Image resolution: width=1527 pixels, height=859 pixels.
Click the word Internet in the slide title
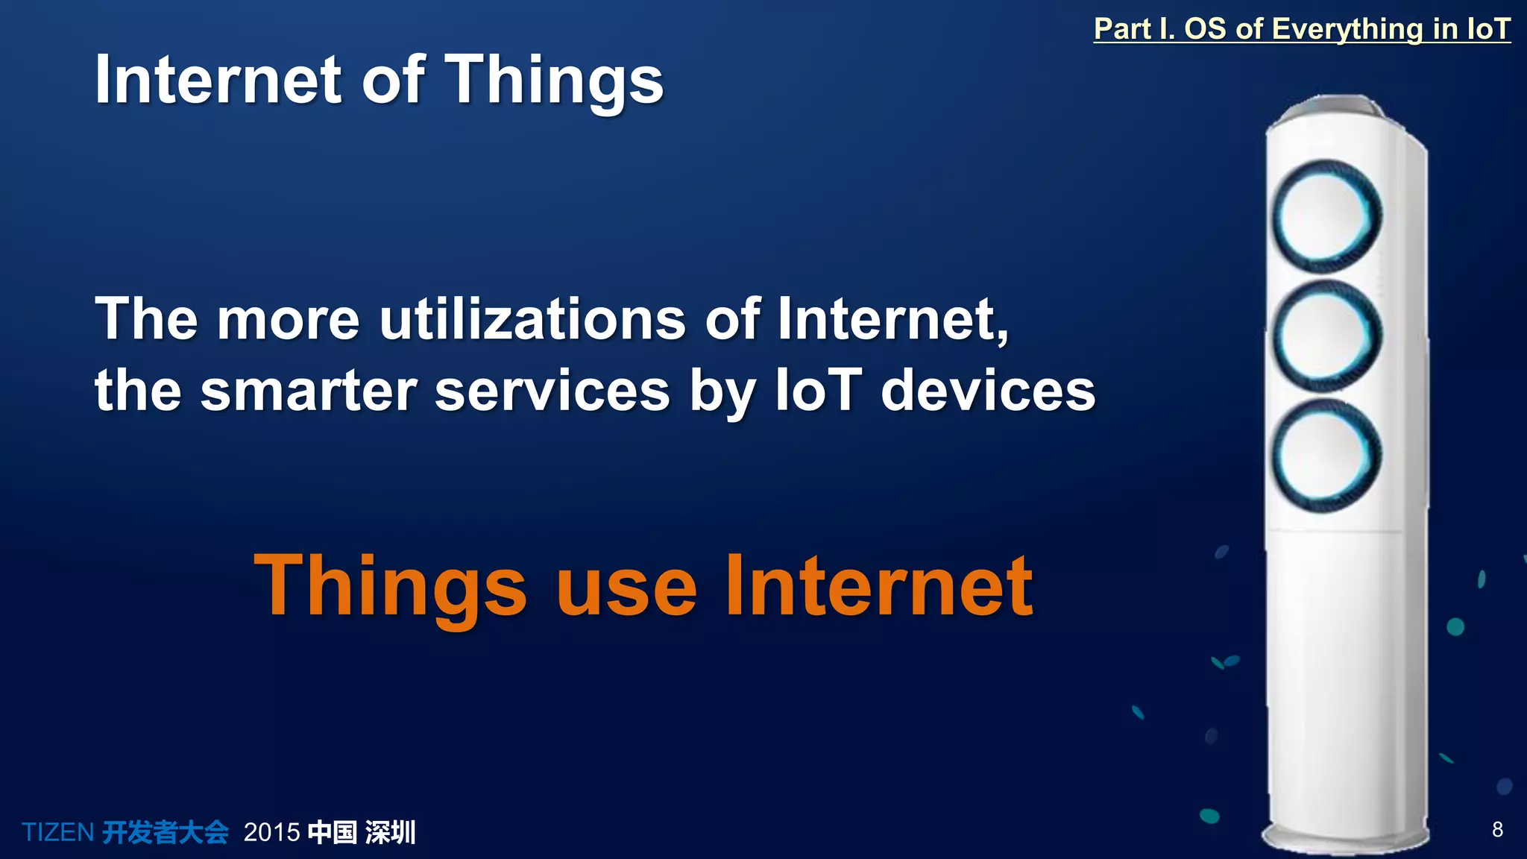click(218, 81)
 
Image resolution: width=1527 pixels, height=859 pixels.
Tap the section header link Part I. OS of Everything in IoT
click(1301, 29)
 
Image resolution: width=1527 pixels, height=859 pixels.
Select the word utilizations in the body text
click(532, 319)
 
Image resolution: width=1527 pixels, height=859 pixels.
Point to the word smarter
click(309, 391)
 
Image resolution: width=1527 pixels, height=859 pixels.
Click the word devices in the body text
click(988, 391)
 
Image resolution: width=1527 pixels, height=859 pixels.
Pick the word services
click(552, 391)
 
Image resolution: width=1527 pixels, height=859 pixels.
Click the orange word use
click(626, 588)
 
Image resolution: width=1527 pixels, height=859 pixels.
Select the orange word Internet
click(879, 586)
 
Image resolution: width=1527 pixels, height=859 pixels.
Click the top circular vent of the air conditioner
click(1326, 215)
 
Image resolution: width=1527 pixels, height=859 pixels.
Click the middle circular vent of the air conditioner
click(1326, 335)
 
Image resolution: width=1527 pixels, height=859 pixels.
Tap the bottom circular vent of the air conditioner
click(1326, 456)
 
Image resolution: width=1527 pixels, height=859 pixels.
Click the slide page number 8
click(1497, 829)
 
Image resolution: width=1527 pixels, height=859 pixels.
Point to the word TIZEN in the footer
click(57, 832)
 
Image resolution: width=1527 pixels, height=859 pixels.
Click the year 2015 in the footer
click(271, 832)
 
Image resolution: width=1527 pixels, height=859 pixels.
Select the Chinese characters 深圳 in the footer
click(390, 832)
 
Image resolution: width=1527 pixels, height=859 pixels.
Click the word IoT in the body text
click(818, 391)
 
